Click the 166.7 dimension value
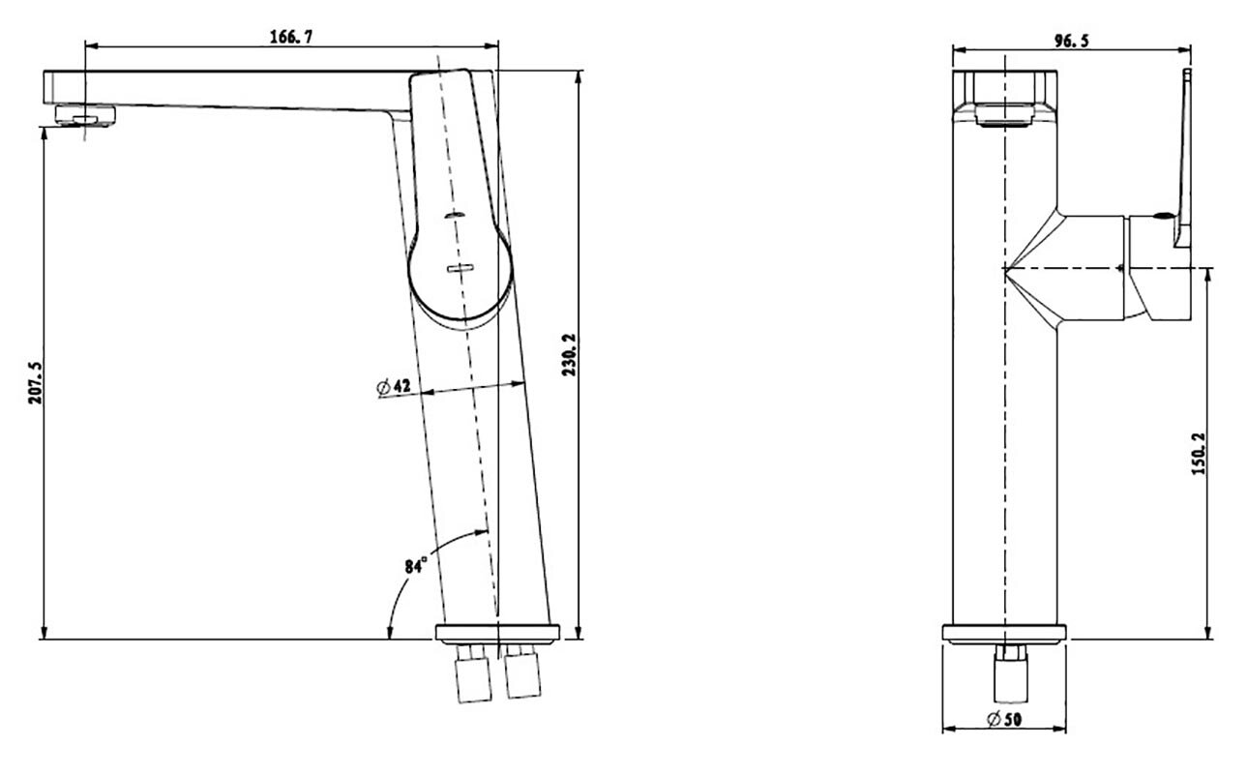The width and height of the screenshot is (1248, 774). click(291, 37)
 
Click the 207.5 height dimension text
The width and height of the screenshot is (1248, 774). click(35, 383)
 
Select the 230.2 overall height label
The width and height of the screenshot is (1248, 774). click(569, 355)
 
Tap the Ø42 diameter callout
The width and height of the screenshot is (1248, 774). click(394, 386)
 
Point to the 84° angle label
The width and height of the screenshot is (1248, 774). click(416, 565)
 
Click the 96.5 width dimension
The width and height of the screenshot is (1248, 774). click(1071, 42)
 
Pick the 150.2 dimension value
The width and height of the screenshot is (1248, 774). click(1198, 454)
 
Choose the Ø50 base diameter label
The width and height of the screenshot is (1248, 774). click(1004, 720)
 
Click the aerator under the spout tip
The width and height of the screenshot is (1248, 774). click(85, 116)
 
